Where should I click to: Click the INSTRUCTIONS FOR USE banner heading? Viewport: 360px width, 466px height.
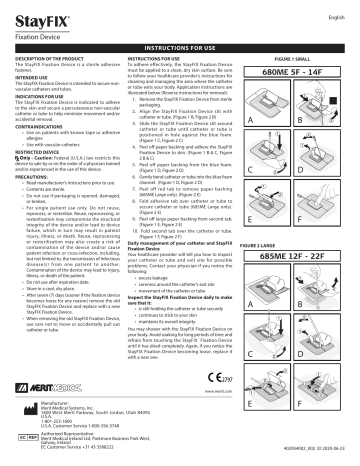tap(181, 46)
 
